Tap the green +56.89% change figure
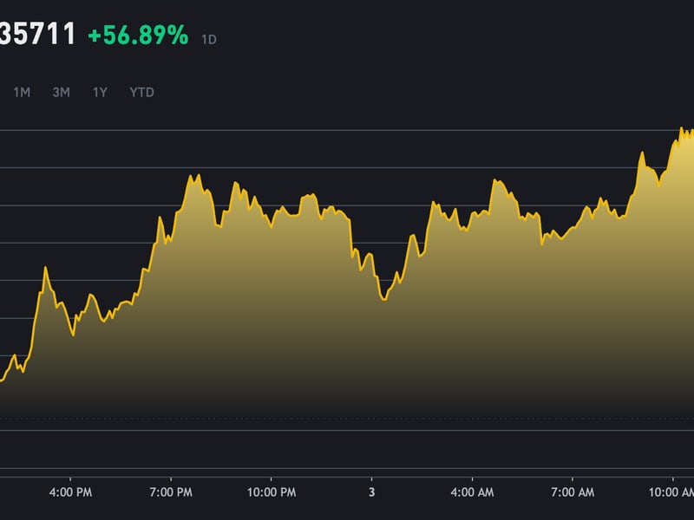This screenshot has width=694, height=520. point(138,36)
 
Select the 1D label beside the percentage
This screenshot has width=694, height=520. point(209,40)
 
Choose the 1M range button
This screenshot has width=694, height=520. point(22,92)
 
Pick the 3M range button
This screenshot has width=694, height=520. point(61,92)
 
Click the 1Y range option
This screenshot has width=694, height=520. point(100,92)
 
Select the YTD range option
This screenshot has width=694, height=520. point(141,92)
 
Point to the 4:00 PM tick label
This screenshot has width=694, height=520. point(70,492)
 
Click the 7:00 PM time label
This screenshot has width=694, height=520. point(171,492)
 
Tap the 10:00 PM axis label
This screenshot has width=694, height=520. point(271,492)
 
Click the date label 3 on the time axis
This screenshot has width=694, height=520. point(371,492)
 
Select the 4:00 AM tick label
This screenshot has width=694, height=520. point(472,492)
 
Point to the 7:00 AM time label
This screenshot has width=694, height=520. point(573,492)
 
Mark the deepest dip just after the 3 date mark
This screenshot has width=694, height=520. point(383,300)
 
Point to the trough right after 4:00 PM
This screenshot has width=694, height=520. point(73,335)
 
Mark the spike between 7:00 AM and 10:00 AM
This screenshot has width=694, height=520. point(642,153)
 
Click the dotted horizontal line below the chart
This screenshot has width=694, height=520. point(347,419)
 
